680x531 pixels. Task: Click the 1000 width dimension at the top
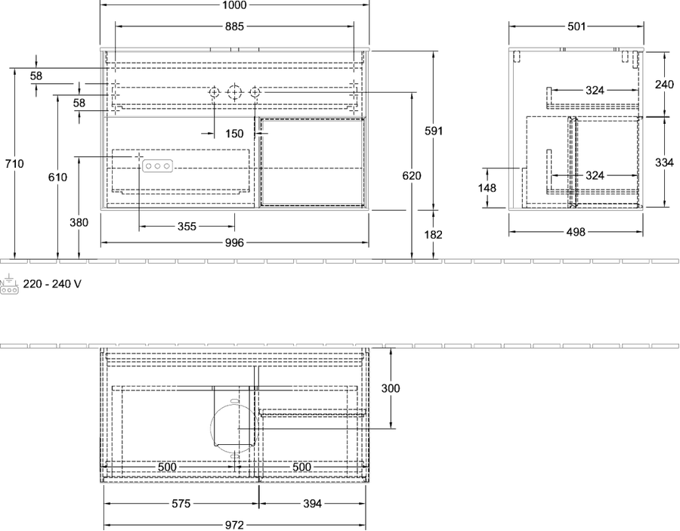(x=234, y=5)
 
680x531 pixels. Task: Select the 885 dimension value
(x=234, y=26)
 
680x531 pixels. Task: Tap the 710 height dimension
(x=14, y=164)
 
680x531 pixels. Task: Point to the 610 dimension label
(x=57, y=177)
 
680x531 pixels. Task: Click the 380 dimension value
(x=79, y=222)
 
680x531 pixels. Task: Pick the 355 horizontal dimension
(x=187, y=227)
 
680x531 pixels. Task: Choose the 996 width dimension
(x=234, y=242)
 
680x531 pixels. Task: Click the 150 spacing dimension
(x=234, y=134)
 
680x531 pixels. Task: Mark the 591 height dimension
(x=434, y=131)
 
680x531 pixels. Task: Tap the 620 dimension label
(x=412, y=175)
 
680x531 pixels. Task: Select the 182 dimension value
(x=434, y=234)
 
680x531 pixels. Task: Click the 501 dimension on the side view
(x=576, y=26)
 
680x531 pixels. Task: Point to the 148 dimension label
(x=487, y=187)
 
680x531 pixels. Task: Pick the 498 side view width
(x=576, y=232)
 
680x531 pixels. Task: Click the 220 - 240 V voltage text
(x=52, y=284)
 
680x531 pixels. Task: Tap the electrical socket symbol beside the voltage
(x=9, y=285)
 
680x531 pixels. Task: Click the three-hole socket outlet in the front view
(x=157, y=166)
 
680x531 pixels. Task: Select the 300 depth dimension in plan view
(x=391, y=388)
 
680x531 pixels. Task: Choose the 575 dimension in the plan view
(x=181, y=503)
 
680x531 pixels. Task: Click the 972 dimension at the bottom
(x=234, y=526)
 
